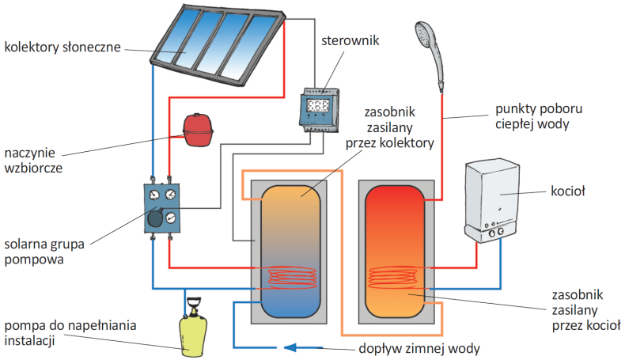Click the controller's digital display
(318, 106)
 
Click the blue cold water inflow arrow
(300, 347)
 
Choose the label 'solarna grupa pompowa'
(44, 248)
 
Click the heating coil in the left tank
(292, 276)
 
